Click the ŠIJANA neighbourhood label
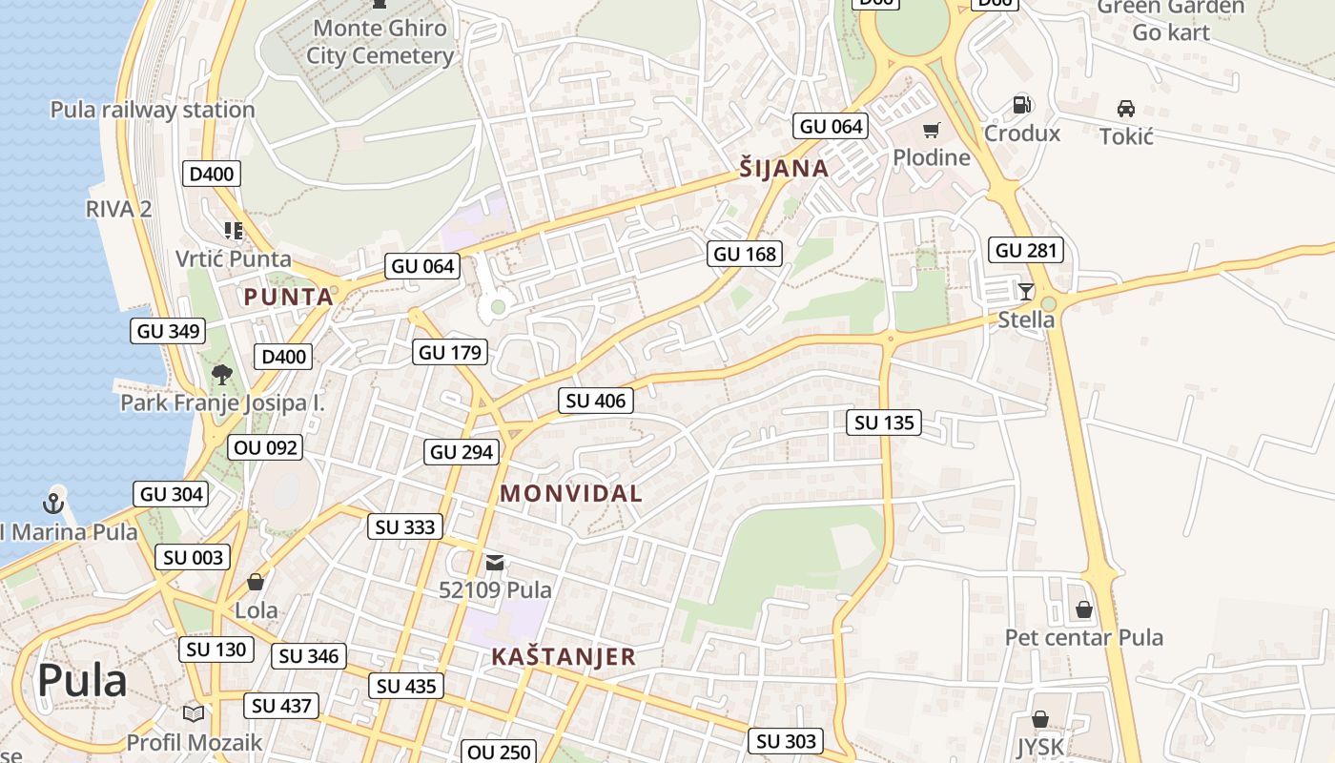[x=784, y=169]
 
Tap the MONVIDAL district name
[x=571, y=493]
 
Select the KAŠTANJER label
[x=564, y=656]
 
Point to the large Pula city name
[x=82, y=681]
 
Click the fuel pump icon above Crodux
[x=1021, y=105]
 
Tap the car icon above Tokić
[x=1126, y=109]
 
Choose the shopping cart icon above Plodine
[x=931, y=131]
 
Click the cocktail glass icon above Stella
[x=1026, y=291]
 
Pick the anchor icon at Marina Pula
[x=54, y=504]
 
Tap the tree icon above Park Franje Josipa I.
[x=222, y=374]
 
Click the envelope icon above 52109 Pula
[x=495, y=563]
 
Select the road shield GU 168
[x=746, y=254]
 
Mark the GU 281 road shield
[x=1026, y=251]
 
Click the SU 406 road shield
[x=596, y=401]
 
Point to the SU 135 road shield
[x=884, y=422]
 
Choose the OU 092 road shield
[x=265, y=447]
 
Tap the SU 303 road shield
[x=787, y=741]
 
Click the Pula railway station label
[x=153, y=110]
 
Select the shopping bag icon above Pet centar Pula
[x=1084, y=608]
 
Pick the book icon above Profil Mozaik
[x=194, y=713]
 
